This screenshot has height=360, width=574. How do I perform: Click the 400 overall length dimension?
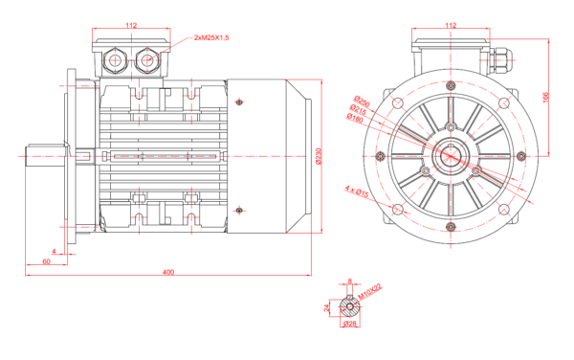pyautogui.click(x=168, y=273)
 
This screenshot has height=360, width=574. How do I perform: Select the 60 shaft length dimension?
pyautogui.click(x=46, y=260)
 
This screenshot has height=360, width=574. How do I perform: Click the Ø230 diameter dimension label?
pyautogui.click(x=319, y=154)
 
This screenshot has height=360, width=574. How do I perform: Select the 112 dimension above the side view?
pyautogui.click(x=132, y=26)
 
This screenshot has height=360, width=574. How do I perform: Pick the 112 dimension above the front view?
pyautogui.click(x=451, y=26)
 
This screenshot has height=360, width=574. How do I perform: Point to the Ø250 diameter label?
pyautogui.click(x=361, y=100)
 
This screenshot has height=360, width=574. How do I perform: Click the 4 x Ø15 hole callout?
pyautogui.click(x=358, y=193)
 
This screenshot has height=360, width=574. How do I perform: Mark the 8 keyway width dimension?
pyautogui.click(x=349, y=281)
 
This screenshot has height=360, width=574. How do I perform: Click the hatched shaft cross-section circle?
pyautogui.click(x=349, y=307)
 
